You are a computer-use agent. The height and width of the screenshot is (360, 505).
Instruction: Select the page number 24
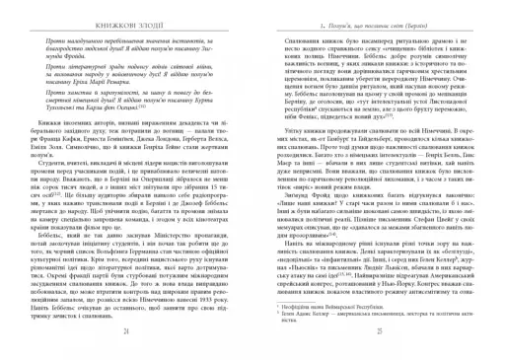coord(133,334)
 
